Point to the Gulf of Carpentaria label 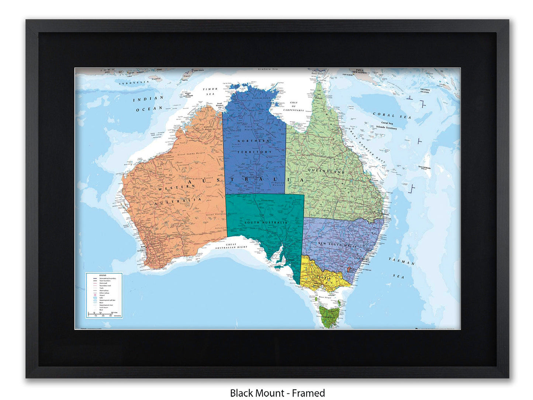(x=294, y=106)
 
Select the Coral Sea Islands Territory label (x=387, y=125)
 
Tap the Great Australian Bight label (x=231, y=246)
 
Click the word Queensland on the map (x=326, y=172)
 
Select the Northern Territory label (x=254, y=146)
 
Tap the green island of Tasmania (x=330, y=316)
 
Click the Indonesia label (x=134, y=82)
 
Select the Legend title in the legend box (x=92, y=275)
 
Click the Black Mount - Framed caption (x=277, y=393)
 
